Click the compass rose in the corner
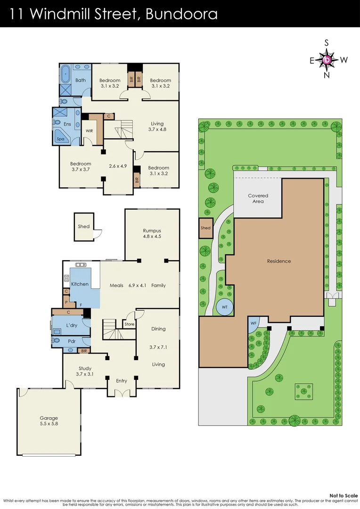tap(328, 59)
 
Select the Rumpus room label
tap(152, 233)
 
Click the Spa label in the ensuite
tap(60, 140)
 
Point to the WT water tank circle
tap(225, 307)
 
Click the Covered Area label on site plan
tap(258, 198)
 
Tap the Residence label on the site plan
tap(279, 261)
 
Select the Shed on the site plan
tap(205, 228)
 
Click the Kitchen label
tap(80, 284)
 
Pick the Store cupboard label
tap(129, 324)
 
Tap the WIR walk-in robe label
tap(89, 131)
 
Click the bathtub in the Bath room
tap(65, 74)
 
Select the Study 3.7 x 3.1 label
tap(85, 371)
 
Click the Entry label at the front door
tap(122, 381)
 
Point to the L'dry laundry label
tap(72, 326)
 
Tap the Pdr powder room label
tap(72, 341)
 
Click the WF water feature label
tap(253, 323)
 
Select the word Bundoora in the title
tap(182, 14)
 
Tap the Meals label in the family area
tap(116, 285)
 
